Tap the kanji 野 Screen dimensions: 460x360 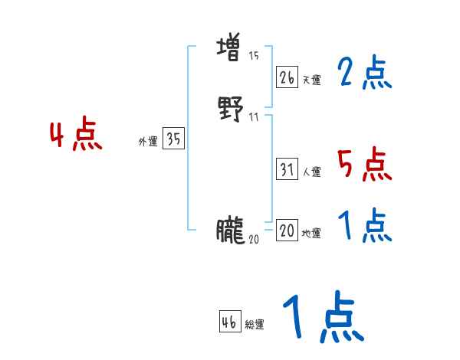[x=230, y=110]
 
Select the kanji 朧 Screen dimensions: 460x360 [x=230, y=230]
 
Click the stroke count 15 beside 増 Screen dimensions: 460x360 [x=253, y=56]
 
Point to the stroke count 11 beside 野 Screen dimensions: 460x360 [x=253, y=116]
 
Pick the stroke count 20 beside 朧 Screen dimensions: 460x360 [x=254, y=239]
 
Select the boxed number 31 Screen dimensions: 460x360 [x=287, y=170]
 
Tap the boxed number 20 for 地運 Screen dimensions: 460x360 [x=287, y=231]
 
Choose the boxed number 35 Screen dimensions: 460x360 [x=173, y=139]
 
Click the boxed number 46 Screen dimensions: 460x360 [x=229, y=322]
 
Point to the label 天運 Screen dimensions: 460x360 [x=311, y=80]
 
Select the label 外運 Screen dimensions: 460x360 [x=148, y=142]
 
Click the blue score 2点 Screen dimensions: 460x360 [x=365, y=74]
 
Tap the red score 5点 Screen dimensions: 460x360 [x=365, y=164]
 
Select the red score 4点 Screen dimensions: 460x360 [x=76, y=136]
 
